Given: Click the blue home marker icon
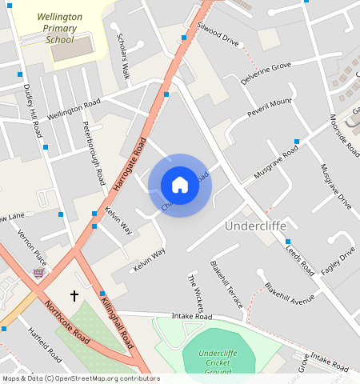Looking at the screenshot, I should tap(180, 186).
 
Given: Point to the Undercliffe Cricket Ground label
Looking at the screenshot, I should tap(218, 362).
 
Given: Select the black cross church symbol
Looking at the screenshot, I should tap(74, 296).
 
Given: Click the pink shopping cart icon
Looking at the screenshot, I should tap(38, 274).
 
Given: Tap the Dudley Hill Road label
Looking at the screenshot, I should tap(32, 112).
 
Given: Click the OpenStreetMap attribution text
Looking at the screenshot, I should tap(80, 378).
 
